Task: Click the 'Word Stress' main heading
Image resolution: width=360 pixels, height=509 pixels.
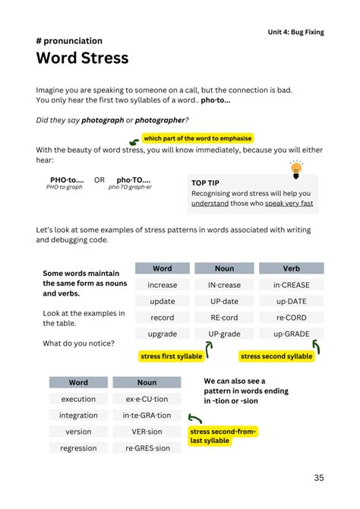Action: point(82,58)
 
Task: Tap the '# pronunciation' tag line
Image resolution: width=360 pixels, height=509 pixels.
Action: point(69,41)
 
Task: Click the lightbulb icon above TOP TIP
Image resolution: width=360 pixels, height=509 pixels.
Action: point(295,168)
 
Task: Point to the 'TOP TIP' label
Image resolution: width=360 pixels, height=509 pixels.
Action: point(206,183)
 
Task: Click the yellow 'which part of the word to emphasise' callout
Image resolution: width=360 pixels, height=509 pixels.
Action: point(197,138)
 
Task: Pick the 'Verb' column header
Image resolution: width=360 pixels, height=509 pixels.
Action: point(292,268)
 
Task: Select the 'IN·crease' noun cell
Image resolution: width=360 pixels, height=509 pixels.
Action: point(224,285)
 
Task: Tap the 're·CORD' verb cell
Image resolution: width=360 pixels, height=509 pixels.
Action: point(292,318)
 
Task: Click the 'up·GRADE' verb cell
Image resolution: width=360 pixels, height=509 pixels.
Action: point(292,334)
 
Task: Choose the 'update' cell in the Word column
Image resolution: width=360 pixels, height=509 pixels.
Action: point(163,302)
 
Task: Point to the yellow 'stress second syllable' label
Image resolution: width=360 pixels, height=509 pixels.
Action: point(276,356)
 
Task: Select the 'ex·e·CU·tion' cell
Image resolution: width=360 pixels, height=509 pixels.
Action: point(147,399)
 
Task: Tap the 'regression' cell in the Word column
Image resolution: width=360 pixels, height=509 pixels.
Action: point(78,448)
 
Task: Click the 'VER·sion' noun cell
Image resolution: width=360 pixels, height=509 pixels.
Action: point(147,432)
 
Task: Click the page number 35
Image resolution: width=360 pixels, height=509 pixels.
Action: point(319,478)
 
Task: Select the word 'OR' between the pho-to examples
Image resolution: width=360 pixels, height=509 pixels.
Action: point(99,180)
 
